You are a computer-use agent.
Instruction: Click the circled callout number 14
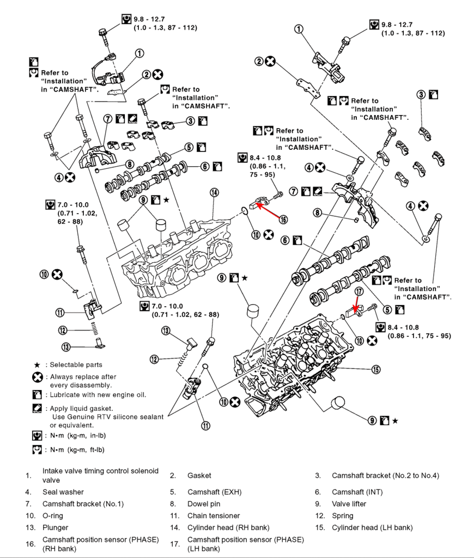tap(214, 192)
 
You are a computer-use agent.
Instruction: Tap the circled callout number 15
tap(375, 369)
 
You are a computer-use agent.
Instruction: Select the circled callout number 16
tap(283, 219)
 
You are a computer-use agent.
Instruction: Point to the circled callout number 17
tap(358, 292)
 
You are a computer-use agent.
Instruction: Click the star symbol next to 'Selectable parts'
tap(37, 365)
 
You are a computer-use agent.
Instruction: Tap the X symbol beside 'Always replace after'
tap(37, 377)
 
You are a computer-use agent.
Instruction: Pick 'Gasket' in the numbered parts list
tap(199, 476)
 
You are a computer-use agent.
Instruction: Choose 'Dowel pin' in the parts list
tap(204, 504)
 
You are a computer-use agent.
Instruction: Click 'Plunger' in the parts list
tap(56, 527)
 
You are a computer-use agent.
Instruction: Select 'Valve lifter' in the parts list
tap(349, 504)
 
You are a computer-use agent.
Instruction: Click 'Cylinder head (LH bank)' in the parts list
tap(372, 527)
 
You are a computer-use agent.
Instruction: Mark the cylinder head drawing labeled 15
tap(294, 360)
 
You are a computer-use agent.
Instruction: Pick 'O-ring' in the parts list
tap(53, 515)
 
